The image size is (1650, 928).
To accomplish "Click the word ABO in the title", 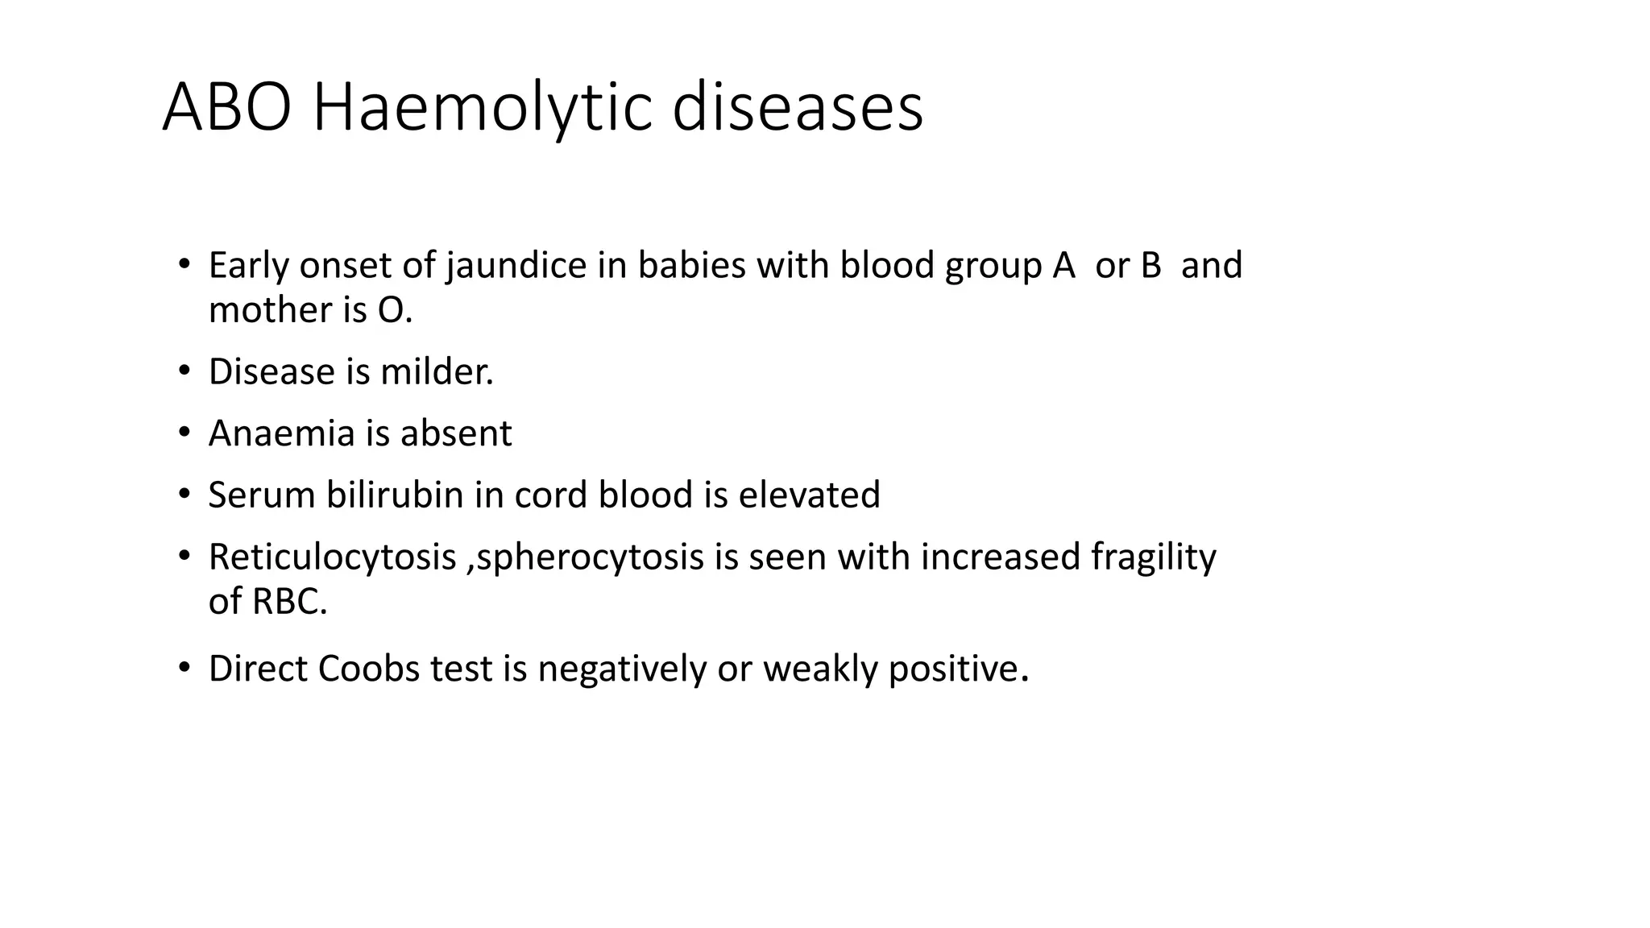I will click(226, 108).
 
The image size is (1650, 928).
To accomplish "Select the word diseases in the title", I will click(797, 108).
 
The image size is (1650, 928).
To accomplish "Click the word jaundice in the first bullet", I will click(516, 266).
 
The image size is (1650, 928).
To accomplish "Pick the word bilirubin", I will click(394, 495).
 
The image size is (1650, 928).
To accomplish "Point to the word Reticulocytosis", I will click(332, 557).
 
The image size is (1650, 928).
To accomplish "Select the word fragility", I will click(1153, 557).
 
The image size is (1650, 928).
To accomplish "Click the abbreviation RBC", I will click(289, 601).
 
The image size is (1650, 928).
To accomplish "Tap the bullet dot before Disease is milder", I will click(184, 371).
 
